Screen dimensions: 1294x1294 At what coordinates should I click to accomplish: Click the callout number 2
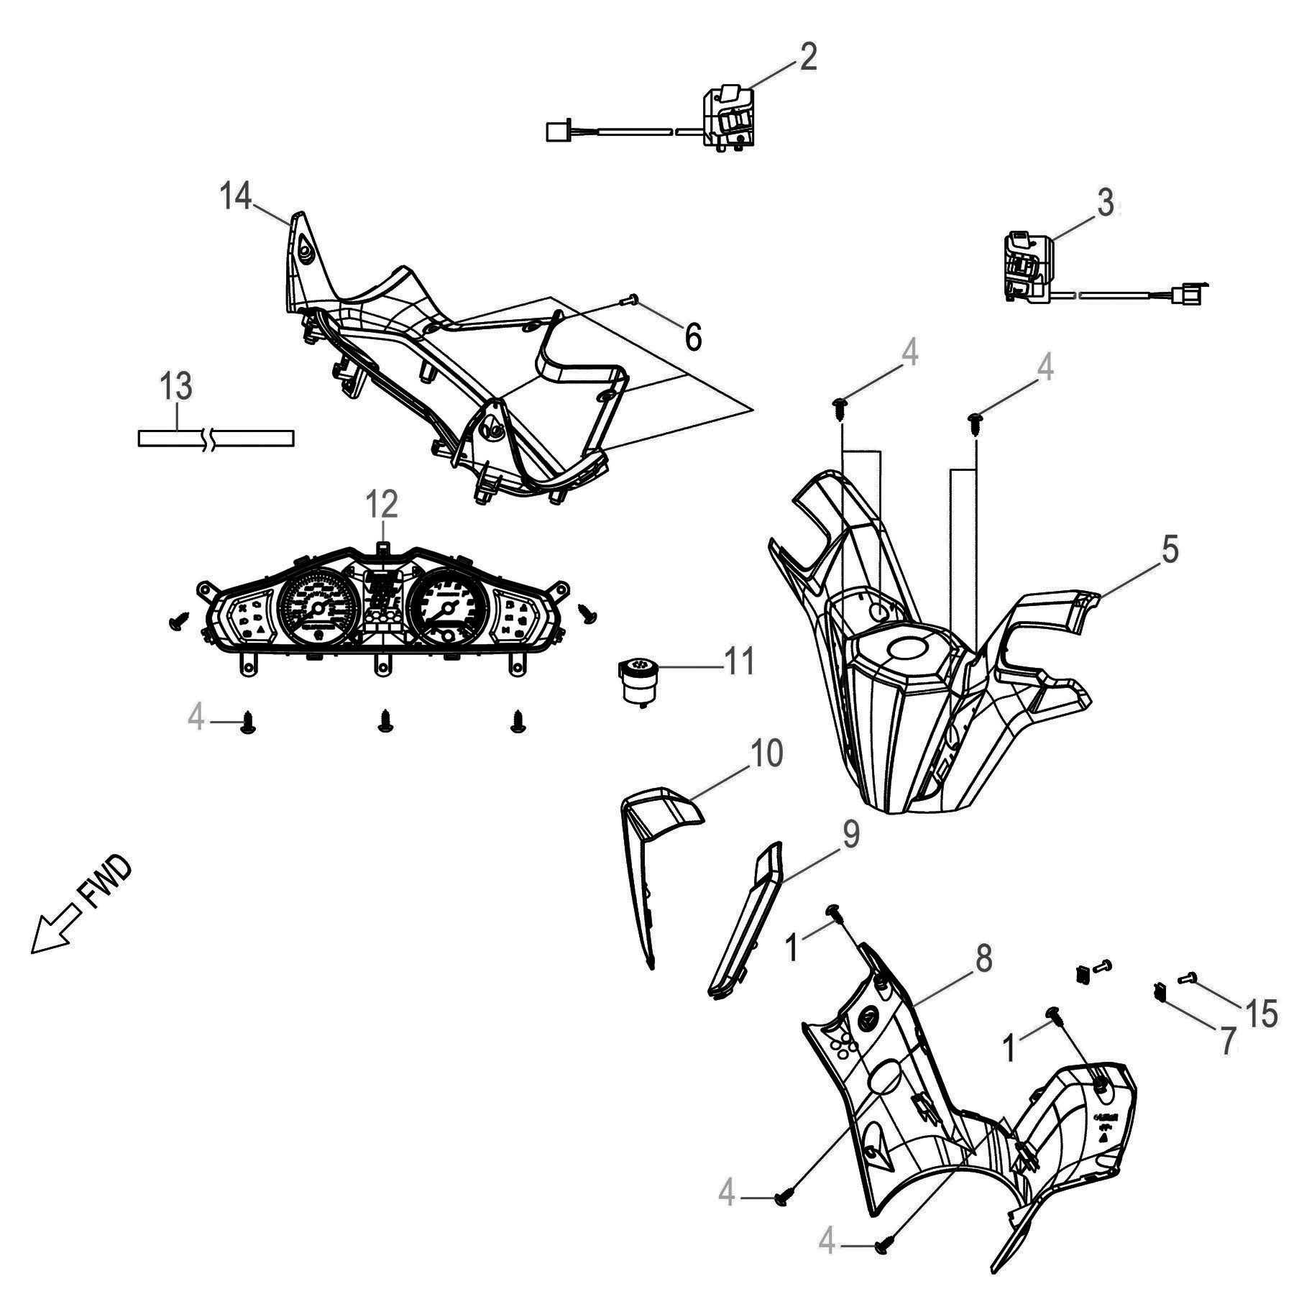pyautogui.click(x=808, y=58)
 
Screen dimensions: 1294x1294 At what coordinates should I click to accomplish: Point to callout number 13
pyautogui.click(x=176, y=387)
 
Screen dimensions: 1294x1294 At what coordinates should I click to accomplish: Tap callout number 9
pyautogui.click(x=849, y=835)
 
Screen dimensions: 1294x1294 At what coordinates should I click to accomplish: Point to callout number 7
pyautogui.click(x=1226, y=1040)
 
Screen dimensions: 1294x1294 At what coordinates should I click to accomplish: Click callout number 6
pyautogui.click(x=692, y=336)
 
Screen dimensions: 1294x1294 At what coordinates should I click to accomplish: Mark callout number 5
pyautogui.click(x=1170, y=550)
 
